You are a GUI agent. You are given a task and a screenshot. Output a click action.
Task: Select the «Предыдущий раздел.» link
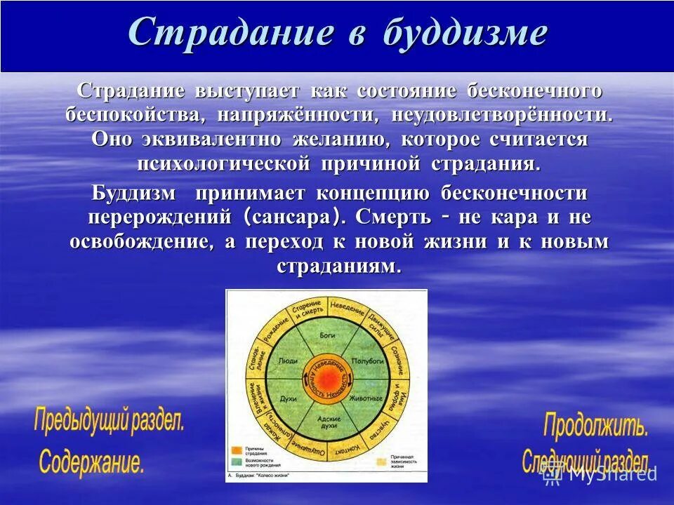109,422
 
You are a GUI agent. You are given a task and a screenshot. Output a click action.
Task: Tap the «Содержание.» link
91,461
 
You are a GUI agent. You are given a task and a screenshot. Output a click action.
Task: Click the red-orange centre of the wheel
326,379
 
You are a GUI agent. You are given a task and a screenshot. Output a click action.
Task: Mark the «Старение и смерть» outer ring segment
307,307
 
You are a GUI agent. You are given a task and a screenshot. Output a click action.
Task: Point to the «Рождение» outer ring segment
275,323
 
